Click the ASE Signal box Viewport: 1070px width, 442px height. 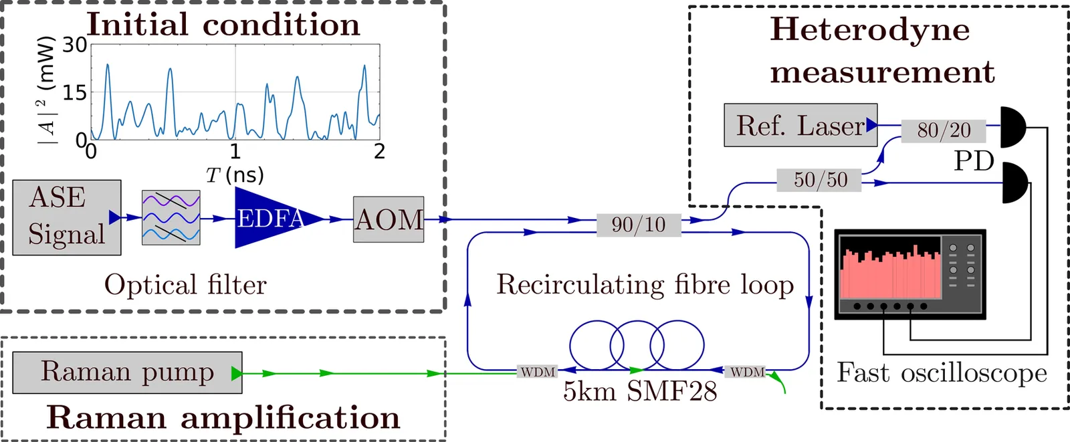click(x=67, y=217)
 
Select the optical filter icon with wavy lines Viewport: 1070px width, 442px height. click(x=171, y=217)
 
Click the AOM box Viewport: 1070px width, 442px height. click(x=389, y=219)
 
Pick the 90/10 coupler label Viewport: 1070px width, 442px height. click(x=639, y=225)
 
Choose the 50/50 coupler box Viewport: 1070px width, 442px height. click(x=820, y=180)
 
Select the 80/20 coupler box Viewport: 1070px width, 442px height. click(x=944, y=130)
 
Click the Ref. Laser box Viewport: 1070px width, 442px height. click(x=800, y=125)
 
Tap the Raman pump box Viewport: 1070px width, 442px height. click(x=127, y=372)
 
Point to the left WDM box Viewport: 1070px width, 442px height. click(x=538, y=372)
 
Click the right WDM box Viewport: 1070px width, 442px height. click(x=747, y=372)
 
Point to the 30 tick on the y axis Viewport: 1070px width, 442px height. click(x=75, y=45)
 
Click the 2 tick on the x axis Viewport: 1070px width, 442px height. click(x=379, y=152)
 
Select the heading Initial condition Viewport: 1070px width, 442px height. click(x=223, y=25)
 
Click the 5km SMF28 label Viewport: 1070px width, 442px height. click(x=640, y=391)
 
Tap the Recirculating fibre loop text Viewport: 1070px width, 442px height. click(x=645, y=285)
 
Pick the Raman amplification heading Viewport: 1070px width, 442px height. click(x=223, y=417)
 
